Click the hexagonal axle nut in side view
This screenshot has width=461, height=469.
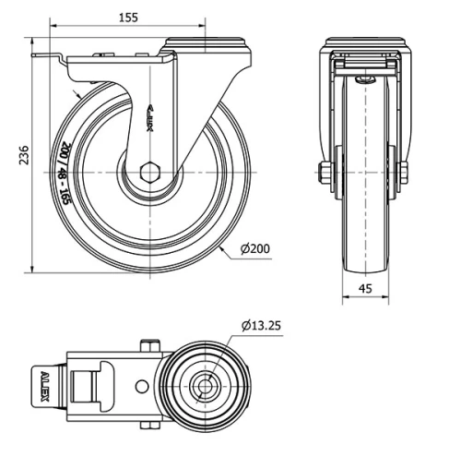coord(151,173)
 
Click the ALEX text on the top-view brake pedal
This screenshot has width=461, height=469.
coord(45,384)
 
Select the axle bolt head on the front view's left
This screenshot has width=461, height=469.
coord(325,172)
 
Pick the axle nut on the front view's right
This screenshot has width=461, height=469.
coord(401,172)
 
